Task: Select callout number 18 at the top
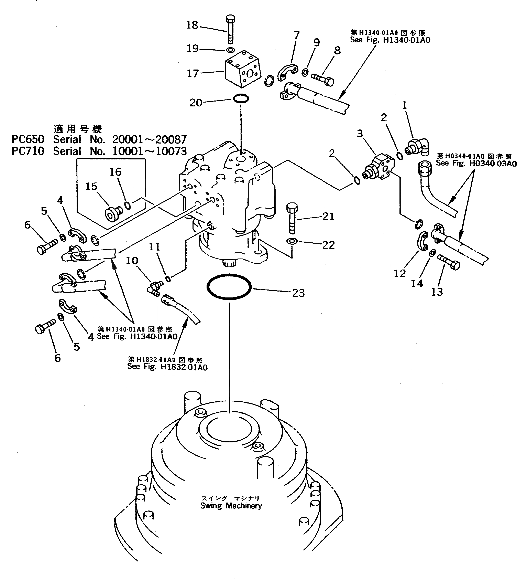point(192,25)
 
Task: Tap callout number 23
point(298,293)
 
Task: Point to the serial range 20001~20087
point(149,140)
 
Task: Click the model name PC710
point(28,151)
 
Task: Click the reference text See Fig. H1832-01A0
point(167,367)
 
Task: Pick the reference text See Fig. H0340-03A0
point(476,164)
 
